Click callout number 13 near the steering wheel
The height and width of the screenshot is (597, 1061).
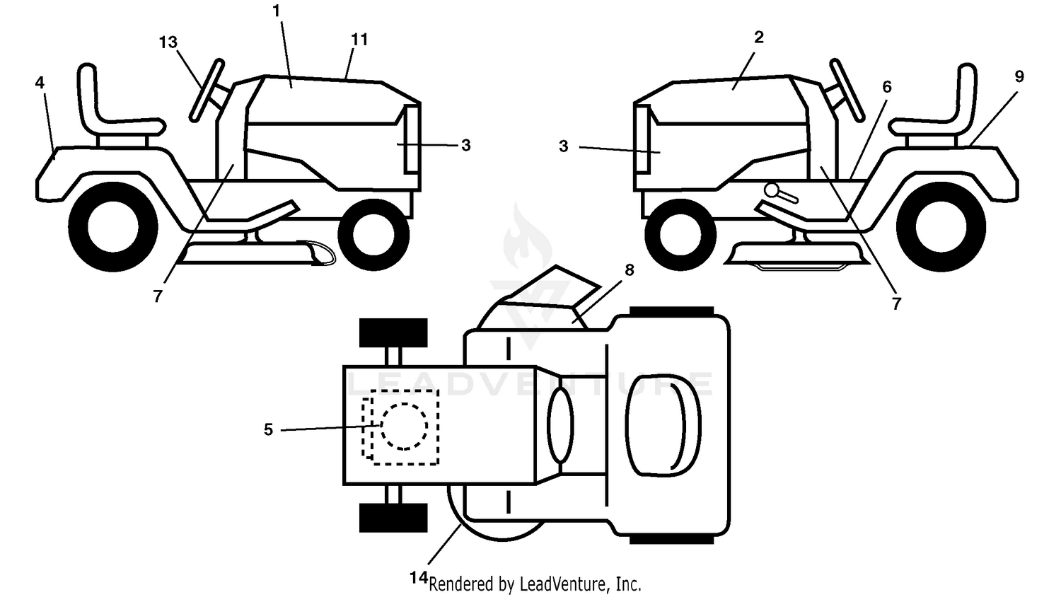pos(168,42)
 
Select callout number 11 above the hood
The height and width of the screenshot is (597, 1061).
pos(359,40)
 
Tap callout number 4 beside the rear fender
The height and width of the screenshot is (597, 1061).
pos(40,83)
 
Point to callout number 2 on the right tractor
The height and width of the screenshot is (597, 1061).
pos(759,37)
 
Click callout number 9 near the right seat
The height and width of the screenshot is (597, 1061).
pos(1019,76)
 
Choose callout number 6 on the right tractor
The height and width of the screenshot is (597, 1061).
pos(887,87)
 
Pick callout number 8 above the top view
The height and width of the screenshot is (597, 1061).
pos(630,270)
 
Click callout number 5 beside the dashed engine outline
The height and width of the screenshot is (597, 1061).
pos(269,430)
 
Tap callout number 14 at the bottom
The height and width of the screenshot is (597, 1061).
pos(419,578)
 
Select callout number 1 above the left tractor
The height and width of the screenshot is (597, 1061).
pos(277,11)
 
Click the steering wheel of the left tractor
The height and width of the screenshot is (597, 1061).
pos(207,91)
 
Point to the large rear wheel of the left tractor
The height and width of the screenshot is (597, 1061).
pos(113,227)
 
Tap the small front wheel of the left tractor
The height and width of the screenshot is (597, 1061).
pos(373,235)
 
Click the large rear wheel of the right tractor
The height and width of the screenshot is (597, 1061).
pos(941,227)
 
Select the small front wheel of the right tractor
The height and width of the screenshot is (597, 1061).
pos(680,235)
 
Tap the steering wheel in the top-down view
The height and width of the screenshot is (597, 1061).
pos(560,424)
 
